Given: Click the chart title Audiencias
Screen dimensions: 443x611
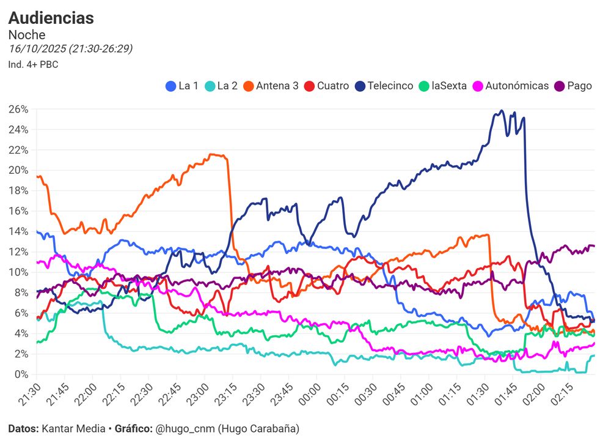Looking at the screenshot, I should coord(51,18).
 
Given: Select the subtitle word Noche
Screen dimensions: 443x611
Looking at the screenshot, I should coord(27,35).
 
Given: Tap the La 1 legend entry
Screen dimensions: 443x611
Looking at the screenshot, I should coord(183,86).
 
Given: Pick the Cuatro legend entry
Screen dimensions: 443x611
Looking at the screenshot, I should coord(327,86).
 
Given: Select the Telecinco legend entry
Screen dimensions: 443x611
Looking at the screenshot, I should coord(384,86).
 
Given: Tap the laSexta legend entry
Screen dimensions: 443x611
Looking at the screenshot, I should coord(443,86).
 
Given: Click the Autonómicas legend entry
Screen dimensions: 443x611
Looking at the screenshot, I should coord(511,86).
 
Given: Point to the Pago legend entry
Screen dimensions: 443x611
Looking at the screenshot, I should coord(573,86).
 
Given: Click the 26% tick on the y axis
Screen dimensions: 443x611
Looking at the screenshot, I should coord(19,109).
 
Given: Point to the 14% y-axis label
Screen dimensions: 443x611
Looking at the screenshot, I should coord(19,231).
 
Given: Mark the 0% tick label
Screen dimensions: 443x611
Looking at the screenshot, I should coord(21,374).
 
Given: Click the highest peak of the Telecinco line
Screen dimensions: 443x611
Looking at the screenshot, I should coord(502,111).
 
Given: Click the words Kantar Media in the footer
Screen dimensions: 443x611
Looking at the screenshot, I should coord(73,428).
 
